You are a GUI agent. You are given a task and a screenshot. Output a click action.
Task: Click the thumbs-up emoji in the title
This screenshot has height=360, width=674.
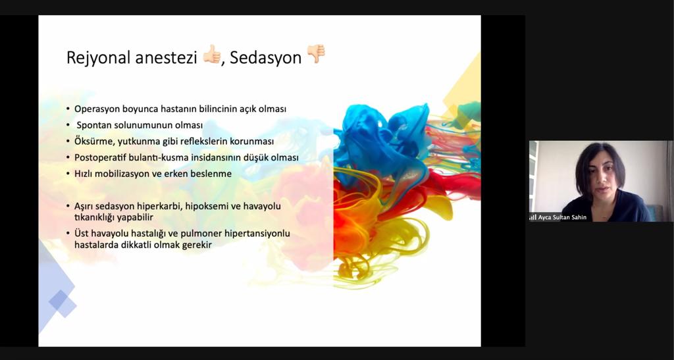coord(212,54)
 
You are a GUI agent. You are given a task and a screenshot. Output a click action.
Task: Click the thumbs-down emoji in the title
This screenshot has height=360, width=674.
coord(316,54)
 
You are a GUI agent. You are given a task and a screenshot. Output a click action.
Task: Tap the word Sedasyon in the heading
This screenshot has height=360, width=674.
coord(266,57)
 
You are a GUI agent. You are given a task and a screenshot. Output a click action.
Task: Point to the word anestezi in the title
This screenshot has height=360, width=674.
coord(166,57)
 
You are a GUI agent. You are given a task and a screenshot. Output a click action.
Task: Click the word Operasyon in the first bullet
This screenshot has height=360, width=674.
coord(97,109)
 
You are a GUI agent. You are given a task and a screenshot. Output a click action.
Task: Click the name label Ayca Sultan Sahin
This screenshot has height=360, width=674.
coord(562,217)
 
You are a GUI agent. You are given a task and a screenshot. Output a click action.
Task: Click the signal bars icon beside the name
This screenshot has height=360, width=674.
coord(532,217)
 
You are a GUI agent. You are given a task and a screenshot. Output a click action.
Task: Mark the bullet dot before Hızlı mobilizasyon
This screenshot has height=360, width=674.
coord(68,174)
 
